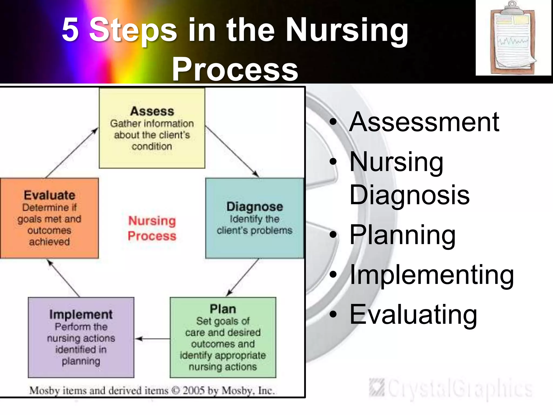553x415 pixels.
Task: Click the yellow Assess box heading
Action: tap(152, 111)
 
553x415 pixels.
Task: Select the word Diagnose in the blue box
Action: tap(255, 207)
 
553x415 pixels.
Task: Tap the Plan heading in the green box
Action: tap(223, 309)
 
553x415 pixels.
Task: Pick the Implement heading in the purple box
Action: tap(81, 314)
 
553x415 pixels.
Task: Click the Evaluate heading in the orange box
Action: tap(49, 195)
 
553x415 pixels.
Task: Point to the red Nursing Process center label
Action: tap(152, 228)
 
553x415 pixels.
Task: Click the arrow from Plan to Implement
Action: tap(152, 339)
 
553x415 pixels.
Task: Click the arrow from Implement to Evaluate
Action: tap(64, 278)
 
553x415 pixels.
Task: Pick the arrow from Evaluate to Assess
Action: tap(72, 153)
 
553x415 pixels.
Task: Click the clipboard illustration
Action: tap(513, 38)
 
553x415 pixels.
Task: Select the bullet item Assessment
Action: tap(424, 122)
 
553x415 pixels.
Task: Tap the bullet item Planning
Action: tap(402, 235)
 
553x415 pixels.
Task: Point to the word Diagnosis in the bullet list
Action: tap(409, 195)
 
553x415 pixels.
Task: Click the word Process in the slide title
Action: tap(235, 69)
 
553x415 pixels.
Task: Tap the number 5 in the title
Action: tap(70, 30)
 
